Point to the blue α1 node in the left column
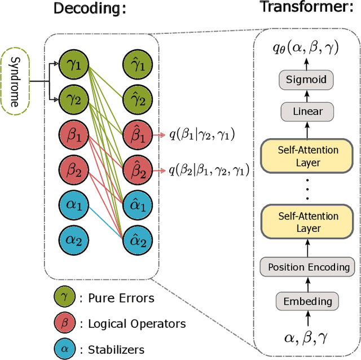[74, 204]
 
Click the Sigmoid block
[305, 80]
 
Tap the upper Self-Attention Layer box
[307, 155]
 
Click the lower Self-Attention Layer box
[307, 222]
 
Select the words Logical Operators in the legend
[137, 323]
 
